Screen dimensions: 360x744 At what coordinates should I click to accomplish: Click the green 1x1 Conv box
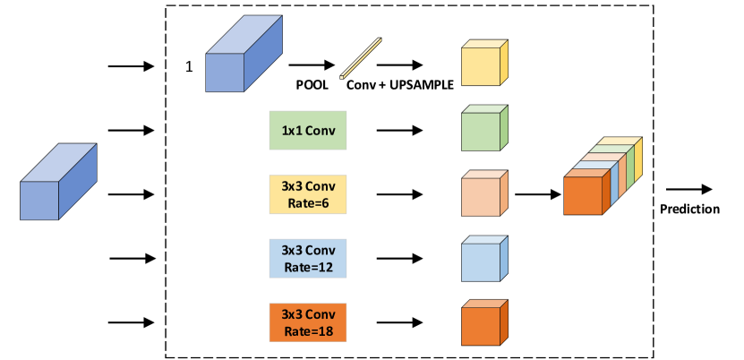click(x=307, y=131)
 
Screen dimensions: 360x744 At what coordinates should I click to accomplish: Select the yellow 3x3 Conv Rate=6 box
click(x=307, y=194)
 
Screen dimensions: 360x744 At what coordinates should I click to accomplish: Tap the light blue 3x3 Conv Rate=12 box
click(x=307, y=258)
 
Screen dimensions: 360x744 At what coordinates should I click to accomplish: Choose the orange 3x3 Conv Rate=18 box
click(x=307, y=321)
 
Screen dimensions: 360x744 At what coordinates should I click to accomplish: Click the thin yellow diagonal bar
click(x=361, y=58)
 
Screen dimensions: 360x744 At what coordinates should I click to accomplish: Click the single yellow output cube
click(x=482, y=65)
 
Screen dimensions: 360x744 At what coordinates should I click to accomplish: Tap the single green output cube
click(x=482, y=131)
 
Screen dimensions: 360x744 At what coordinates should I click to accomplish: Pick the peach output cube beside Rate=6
click(x=482, y=196)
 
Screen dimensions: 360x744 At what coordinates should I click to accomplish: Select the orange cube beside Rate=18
click(x=482, y=325)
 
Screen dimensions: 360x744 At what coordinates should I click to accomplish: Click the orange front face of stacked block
click(x=583, y=196)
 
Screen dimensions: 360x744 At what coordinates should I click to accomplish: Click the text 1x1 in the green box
click(x=292, y=131)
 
